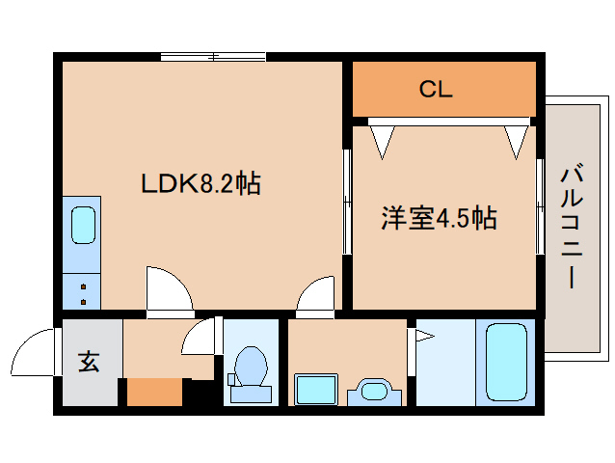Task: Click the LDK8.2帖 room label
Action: pyautogui.click(x=201, y=182)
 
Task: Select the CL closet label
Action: pyautogui.click(x=436, y=91)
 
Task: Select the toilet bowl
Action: pyautogui.click(x=250, y=372)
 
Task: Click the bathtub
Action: pyautogui.click(x=506, y=362)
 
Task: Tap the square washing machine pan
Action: pyautogui.click(x=314, y=390)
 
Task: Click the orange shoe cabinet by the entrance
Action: pyautogui.click(x=154, y=393)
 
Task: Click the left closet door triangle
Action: pyautogui.click(x=383, y=139)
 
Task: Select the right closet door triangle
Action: pyautogui.click(x=516, y=139)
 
